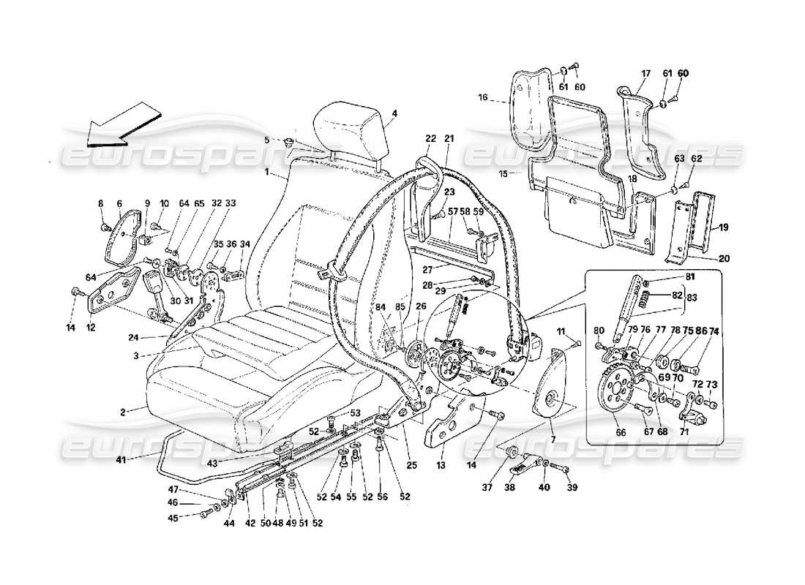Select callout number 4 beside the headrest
[x=394, y=113]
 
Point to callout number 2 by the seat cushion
[x=124, y=412]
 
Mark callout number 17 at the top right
[x=646, y=73]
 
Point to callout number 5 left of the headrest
[x=267, y=139]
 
